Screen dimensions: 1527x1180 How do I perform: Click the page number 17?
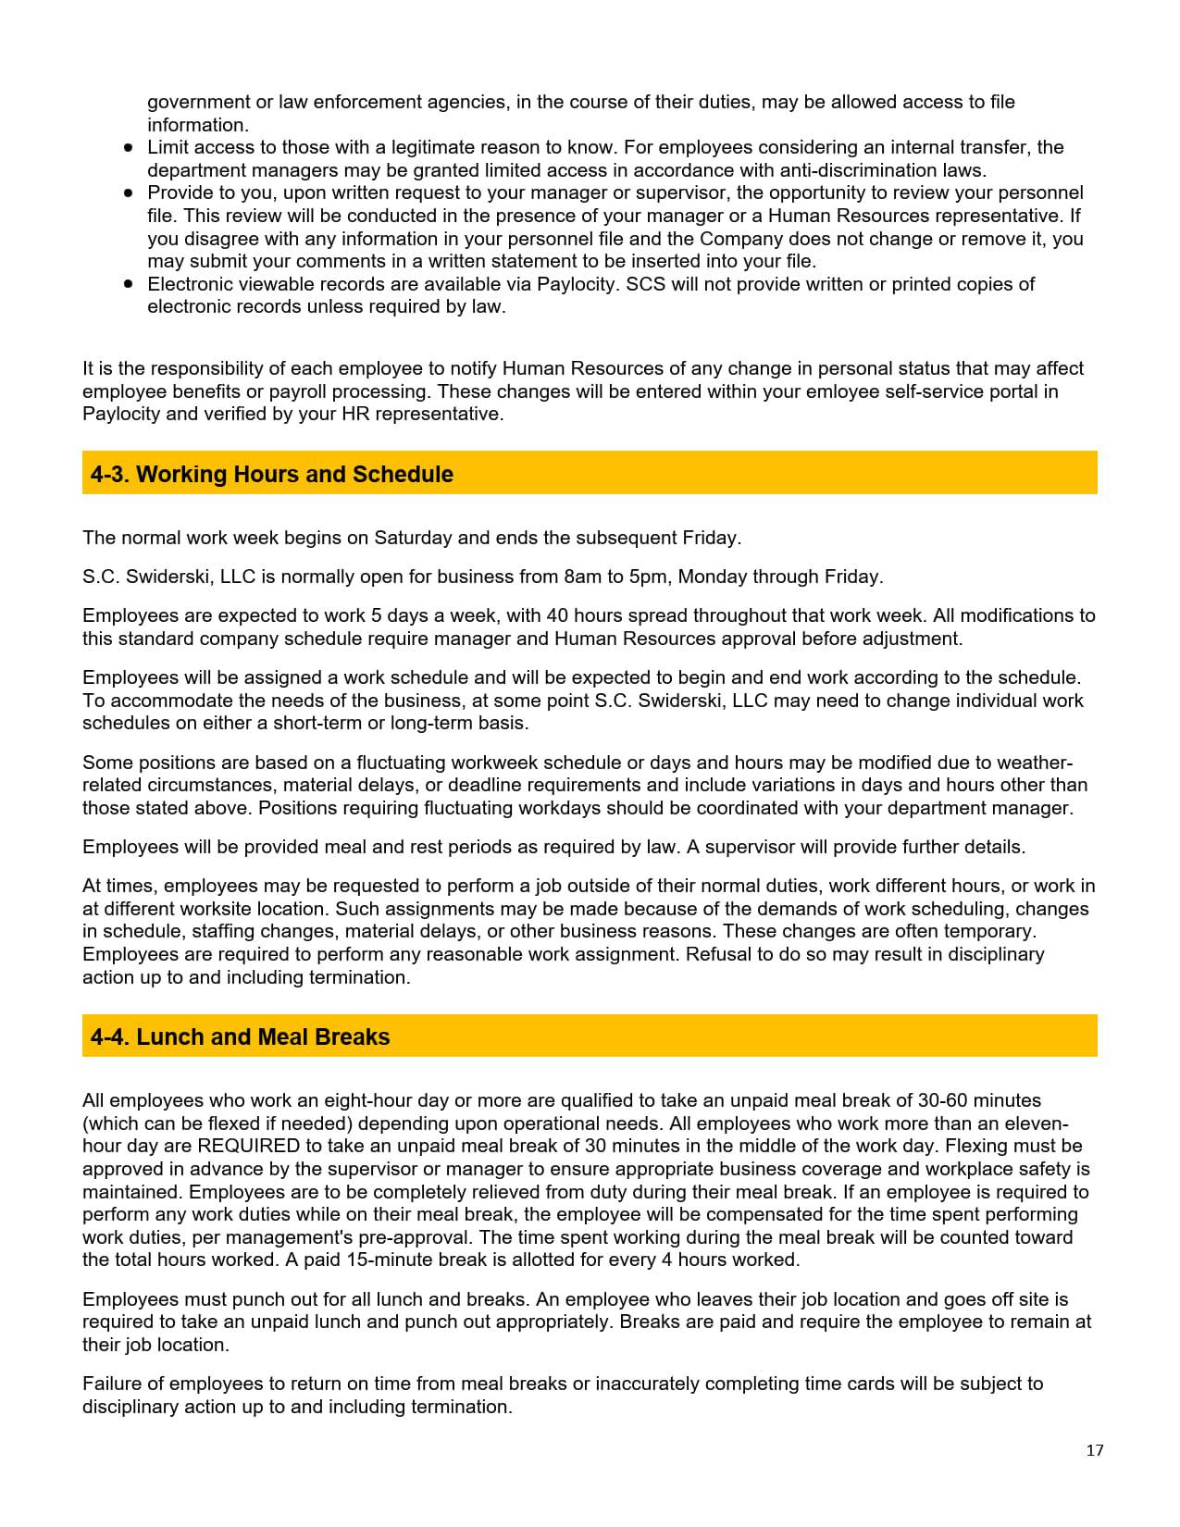click(x=1094, y=1450)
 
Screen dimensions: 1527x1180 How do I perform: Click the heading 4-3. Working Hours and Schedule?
click(x=272, y=474)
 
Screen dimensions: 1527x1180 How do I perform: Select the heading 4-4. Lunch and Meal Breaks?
click(x=240, y=1037)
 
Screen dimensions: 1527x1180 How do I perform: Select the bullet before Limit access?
click(x=129, y=148)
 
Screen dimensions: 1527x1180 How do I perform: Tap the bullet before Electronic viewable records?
click(x=129, y=284)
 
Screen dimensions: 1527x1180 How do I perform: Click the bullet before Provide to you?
click(x=129, y=193)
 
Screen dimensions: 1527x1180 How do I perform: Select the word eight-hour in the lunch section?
click(x=367, y=1100)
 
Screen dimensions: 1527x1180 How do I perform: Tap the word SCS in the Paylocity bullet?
click(x=645, y=284)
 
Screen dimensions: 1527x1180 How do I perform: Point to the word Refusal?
click(x=715, y=954)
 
